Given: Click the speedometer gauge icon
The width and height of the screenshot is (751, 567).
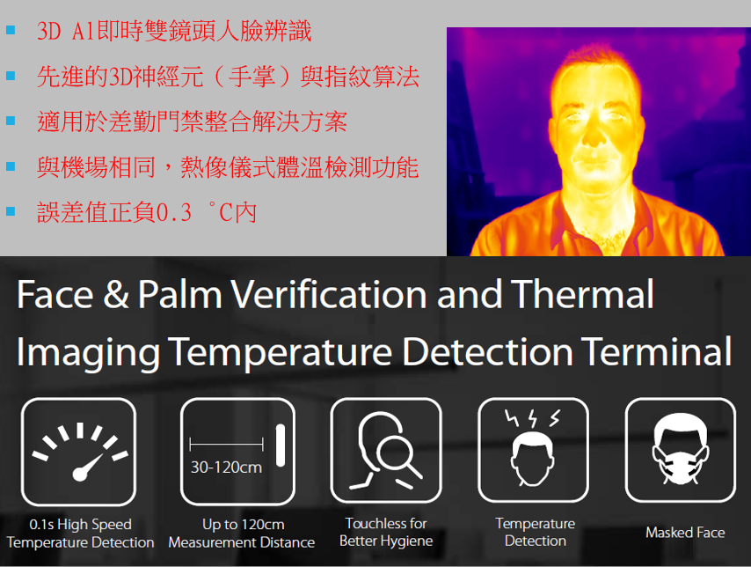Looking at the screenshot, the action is [78, 452].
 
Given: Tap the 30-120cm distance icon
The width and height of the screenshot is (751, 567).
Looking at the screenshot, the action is [237, 452].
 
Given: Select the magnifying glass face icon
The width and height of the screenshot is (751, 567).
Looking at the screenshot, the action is [386, 451].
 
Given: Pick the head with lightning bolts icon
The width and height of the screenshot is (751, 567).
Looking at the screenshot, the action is [533, 451].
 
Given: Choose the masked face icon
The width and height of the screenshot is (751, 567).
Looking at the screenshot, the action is [680, 451].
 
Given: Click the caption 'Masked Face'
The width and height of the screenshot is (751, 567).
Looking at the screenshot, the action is [685, 533].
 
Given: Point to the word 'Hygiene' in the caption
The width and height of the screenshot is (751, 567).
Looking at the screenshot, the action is [407, 541].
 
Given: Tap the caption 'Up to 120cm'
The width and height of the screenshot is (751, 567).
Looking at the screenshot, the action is [243, 525].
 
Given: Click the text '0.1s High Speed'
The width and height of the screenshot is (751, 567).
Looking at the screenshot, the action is [81, 525].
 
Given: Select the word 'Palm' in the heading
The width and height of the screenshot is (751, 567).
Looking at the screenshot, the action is [179, 294].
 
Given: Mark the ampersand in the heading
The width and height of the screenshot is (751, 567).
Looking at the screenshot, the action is [116, 294].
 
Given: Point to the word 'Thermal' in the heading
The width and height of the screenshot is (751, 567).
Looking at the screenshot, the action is [582, 294].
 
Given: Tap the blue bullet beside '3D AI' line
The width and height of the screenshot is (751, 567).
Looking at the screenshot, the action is [11, 31].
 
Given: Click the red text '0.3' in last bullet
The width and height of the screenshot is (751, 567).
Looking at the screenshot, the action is [174, 212].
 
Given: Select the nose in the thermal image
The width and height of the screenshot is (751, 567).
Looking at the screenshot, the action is [594, 135].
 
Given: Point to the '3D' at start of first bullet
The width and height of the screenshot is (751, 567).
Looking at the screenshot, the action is [48, 32].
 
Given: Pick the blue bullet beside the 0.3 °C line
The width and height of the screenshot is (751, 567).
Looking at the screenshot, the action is [11, 211].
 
